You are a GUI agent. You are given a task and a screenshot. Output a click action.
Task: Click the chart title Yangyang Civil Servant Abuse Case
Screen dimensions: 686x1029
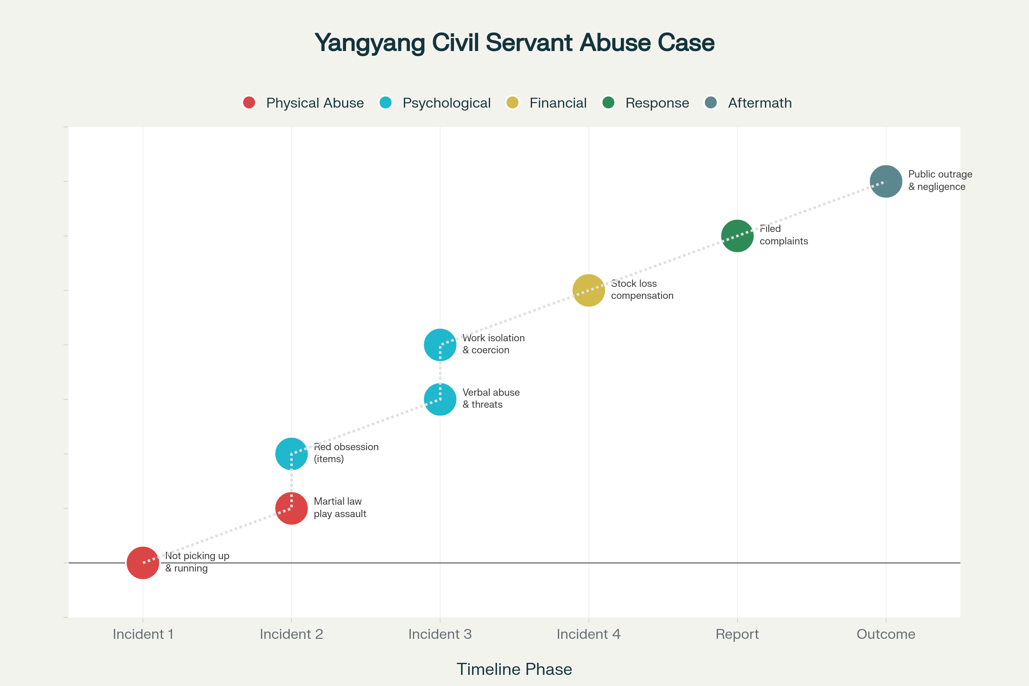pyautogui.click(x=514, y=43)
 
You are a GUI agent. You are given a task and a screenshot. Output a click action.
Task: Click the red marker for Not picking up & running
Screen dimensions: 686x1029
pyautogui.click(x=143, y=563)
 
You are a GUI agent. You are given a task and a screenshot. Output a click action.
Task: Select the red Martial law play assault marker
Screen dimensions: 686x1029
pyautogui.click(x=292, y=508)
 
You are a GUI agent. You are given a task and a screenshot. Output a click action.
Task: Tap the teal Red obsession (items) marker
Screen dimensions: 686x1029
pyautogui.click(x=292, y=454)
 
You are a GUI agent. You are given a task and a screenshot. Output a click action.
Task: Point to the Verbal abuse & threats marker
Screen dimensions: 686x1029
pyautogui.click(x=440, y=399)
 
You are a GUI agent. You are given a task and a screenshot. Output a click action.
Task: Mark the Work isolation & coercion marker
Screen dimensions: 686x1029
pyautogui.click(x=440, y=345)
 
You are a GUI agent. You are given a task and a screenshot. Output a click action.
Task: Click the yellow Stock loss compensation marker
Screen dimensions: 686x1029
pyautogui.click(x=588, y=290)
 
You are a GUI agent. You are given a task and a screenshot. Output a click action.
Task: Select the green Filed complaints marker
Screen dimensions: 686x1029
pyautogui.click(x=737, y=236)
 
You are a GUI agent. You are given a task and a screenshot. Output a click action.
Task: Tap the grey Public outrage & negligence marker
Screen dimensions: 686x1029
pyautogui.click(x=886, y=181)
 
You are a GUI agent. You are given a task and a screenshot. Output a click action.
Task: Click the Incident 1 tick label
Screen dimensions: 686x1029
pyautogui.click(x=143, y=634)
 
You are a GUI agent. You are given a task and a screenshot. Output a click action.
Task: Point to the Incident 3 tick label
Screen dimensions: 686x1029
pyautogui.click(x=440, y=634)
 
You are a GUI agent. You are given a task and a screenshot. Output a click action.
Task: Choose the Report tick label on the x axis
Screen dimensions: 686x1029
pyautogui.click(x=737, y=634)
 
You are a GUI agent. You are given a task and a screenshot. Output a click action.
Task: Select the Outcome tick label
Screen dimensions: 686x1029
pyautogui.click(x=886, y=634)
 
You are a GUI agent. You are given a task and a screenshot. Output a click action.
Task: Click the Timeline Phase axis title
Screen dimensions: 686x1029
pyautogui.click(x=514, y=669)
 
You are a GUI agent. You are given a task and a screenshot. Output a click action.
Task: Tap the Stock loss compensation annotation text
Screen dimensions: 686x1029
pyautogui.click(x=642, y=290)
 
